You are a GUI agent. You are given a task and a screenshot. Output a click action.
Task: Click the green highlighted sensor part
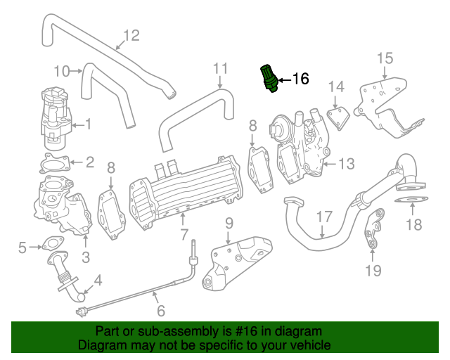tap(269, 77)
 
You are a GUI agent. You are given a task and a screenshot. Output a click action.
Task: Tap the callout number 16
tap(300, 79)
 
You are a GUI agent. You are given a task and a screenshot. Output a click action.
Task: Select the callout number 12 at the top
tap(131, 35)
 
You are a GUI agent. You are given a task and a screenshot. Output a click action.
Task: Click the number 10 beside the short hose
tap(63, 70)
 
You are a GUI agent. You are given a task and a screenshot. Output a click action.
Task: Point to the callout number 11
tap(221, 69)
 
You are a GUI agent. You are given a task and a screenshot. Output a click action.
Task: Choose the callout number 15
tap(385, 58)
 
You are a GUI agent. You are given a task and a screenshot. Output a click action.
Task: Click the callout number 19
tap(373, 270)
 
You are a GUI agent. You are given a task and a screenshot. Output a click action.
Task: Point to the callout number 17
tap(323, 217)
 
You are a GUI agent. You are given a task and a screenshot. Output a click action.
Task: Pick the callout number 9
tap(228, 224)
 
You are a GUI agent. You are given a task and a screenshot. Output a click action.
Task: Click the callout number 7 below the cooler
tap(184, 233)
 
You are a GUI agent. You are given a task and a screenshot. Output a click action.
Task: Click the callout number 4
tap(97, 280)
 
